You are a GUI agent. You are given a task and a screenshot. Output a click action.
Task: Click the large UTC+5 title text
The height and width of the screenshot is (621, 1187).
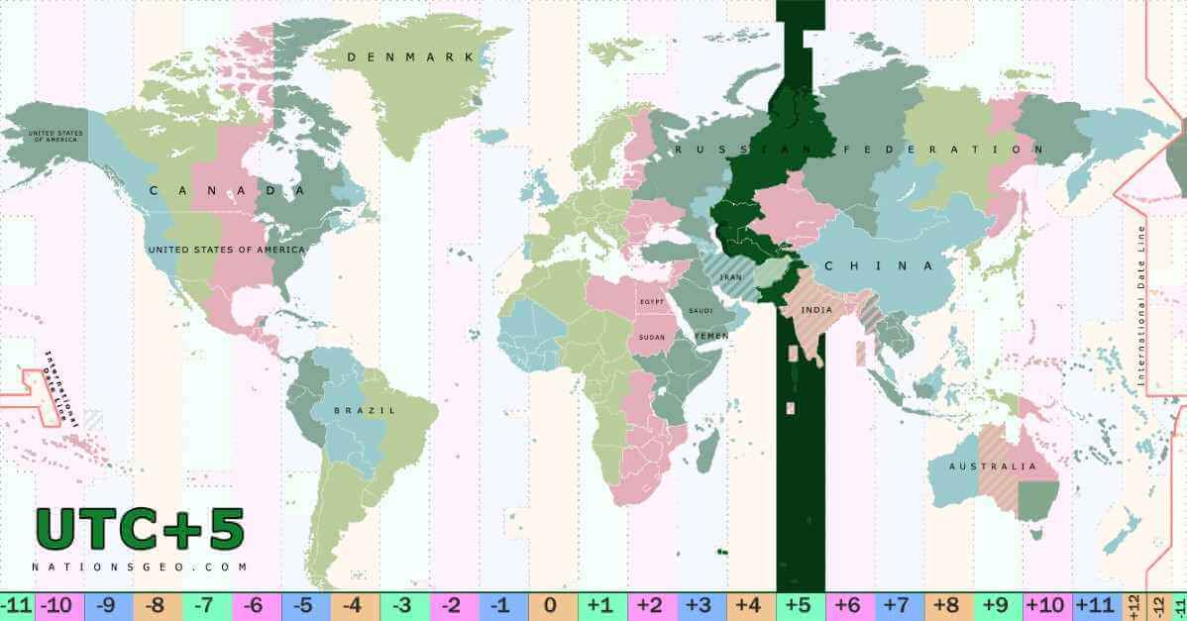[140, 531]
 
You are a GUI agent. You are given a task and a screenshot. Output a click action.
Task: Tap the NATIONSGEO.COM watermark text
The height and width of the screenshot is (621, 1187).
[140, 568]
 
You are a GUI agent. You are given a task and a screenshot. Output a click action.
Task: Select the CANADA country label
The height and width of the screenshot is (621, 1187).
[226, 190]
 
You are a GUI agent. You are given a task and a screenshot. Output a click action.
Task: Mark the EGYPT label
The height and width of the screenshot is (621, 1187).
[651, 301]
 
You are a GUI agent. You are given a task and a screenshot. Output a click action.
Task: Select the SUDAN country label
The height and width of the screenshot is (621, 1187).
[652, 338]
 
